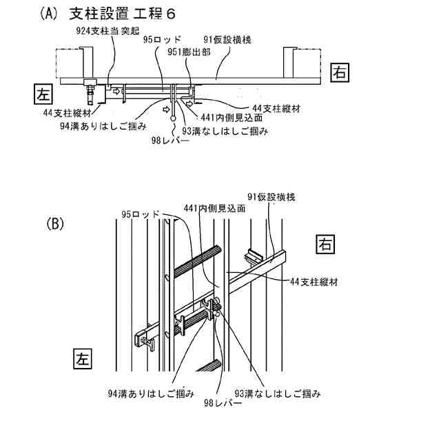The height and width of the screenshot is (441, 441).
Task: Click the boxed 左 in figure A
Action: click(x=42, y=93)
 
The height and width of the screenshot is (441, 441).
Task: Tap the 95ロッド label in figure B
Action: click(x=141, y=214)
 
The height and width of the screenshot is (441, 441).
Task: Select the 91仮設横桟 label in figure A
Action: click(x=227, y=41)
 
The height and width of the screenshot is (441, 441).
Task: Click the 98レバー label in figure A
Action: click(x=167, y=141)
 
